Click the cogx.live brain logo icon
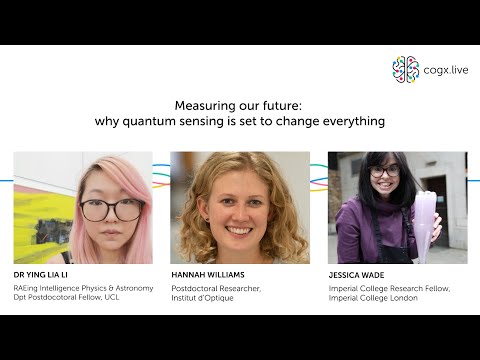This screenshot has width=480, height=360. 405,69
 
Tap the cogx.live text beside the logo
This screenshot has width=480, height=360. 444,70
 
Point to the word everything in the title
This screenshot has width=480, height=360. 351,121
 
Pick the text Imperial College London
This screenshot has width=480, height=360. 376,298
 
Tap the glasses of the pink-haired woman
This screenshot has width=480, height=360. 110,210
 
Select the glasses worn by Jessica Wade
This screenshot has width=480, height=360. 385,172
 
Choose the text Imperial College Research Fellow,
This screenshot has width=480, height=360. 389,288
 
